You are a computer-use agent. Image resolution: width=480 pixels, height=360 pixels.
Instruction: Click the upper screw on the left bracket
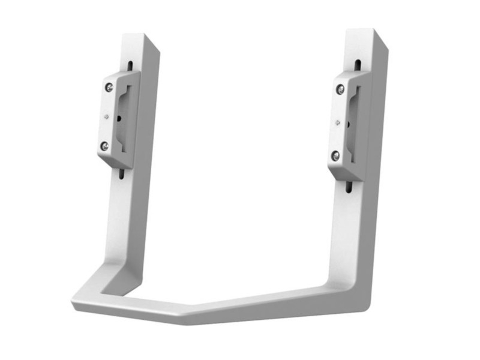[x=108, y=87]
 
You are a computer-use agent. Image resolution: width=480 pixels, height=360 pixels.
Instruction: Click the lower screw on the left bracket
[x=104, y=146]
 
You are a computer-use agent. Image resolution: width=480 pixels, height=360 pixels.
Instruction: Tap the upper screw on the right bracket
[x=340, y=90]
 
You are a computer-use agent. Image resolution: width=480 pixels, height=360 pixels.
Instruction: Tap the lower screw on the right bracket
[x=335, y=156]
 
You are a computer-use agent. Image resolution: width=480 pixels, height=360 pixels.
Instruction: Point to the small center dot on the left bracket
[x=106, y=117]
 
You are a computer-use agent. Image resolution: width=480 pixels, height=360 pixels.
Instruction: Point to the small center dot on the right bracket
[x=338, y=124]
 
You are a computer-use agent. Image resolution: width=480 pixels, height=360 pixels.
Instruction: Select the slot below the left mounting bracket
[x=122, y=173]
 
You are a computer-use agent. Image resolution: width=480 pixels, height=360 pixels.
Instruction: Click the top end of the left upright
[x=141, y=38]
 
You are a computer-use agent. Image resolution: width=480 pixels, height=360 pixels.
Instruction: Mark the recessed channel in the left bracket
[x=122, y=120]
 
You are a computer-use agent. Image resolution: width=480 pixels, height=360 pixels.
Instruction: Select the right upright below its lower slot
[x=348, y=234]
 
